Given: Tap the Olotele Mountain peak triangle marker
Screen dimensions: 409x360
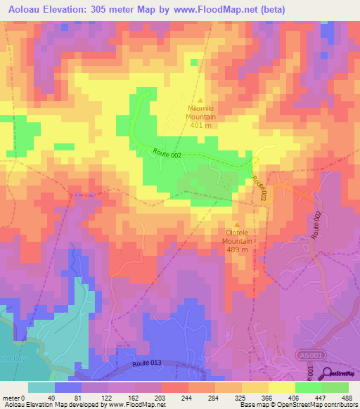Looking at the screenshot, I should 236,225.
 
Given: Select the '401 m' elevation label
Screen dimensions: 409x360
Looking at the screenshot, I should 199,125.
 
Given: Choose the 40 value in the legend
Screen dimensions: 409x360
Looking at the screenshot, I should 50,397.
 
